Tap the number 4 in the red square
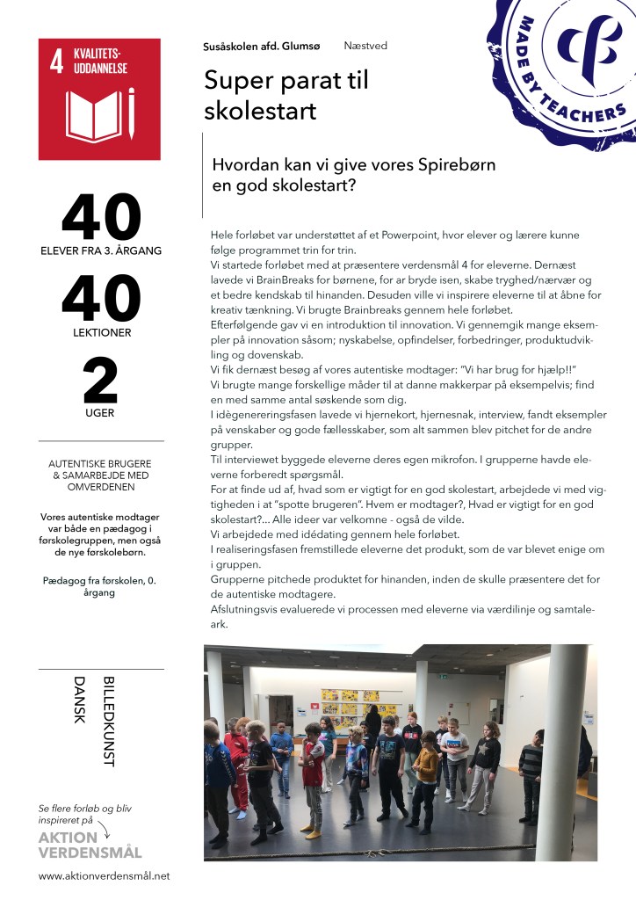56,62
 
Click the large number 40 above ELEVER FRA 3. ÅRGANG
101,220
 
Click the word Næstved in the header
365,46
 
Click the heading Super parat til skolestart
285,96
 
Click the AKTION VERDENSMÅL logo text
90,845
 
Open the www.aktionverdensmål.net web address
104,876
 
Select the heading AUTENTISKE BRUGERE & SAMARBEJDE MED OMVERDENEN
101,475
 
